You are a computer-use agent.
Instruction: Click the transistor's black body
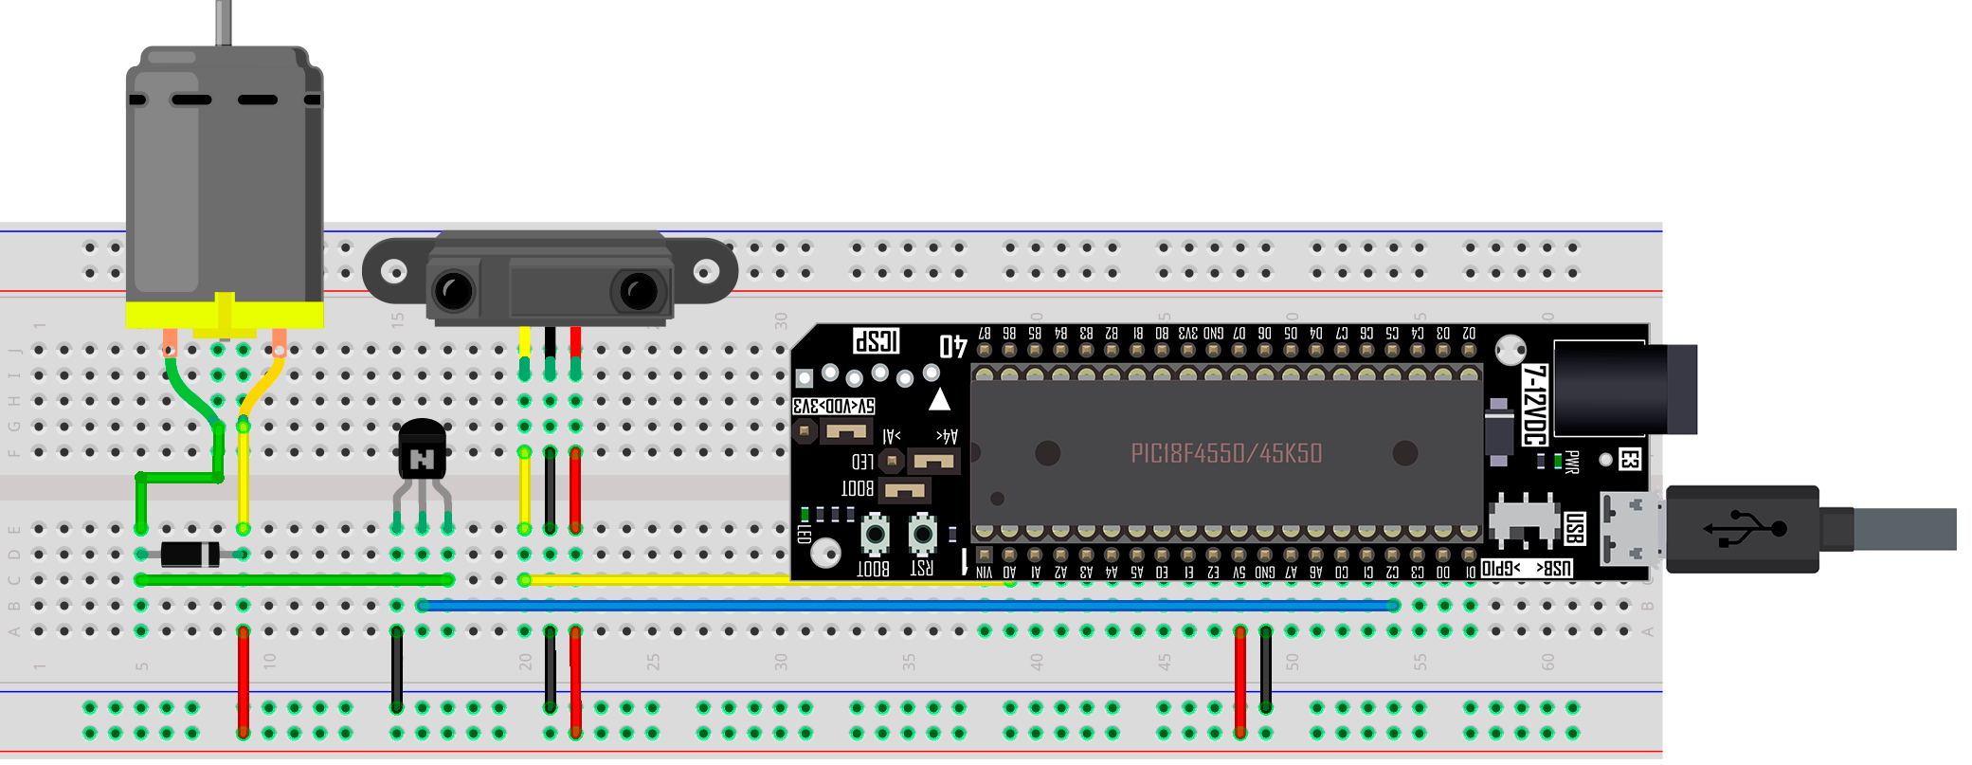tap(422, 451)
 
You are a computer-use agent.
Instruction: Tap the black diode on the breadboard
tap(190, 554)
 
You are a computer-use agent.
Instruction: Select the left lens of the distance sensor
tap(454, 291)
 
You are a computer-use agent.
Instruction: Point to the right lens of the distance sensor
tap(638, 291)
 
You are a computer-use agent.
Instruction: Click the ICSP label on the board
tap(877, 341)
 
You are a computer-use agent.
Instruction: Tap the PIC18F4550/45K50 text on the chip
tap(1226, 453)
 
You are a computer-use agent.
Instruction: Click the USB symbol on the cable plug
tap(1745, 529)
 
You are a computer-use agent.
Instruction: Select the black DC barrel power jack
tap(1624, 389)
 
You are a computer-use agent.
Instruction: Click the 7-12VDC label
tap(1534, 405)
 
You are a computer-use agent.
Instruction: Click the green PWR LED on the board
tap(1557, 462)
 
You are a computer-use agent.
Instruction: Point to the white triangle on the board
tap(939, 399)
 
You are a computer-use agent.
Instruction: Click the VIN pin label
tap(985, 573)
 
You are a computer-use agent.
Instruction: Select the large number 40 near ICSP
tap(952, 347)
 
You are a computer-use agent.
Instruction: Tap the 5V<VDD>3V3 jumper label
tap(834, 406)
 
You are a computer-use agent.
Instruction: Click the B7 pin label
tap(985, 334)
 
